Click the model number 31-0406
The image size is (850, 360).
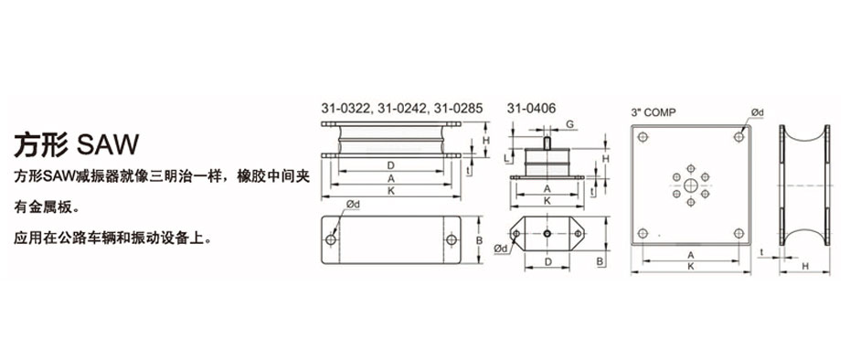[531, 108]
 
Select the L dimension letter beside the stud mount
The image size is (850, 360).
[509, 156]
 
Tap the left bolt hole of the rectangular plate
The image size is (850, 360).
[331, 240]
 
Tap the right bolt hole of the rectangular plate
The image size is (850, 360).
[451, 240]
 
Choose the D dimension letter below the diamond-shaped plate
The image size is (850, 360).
[547, 262]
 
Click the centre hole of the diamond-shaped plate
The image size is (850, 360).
[546, 235]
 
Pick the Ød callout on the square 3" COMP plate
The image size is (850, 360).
[757, 112]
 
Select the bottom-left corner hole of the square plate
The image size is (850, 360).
[643, 232]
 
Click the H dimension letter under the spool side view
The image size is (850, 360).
[804, 266]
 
